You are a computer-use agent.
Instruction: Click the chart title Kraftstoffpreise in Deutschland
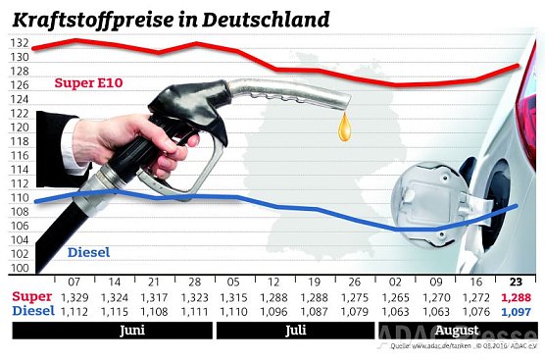click(170, 18)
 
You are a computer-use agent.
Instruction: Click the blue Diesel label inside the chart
click(88, 253)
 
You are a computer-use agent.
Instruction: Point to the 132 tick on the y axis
click(20, 44)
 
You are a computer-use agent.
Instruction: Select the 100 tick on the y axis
click(20, 268)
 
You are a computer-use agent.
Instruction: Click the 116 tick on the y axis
click(20, 156)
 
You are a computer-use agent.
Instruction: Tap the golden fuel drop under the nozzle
click(343, 128)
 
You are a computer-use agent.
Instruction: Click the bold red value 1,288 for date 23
click(518, 296)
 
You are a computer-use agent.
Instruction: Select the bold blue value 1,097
click(518, 311)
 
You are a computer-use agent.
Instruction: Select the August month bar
click(458, 332)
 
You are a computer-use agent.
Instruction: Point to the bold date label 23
click(518, 281)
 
